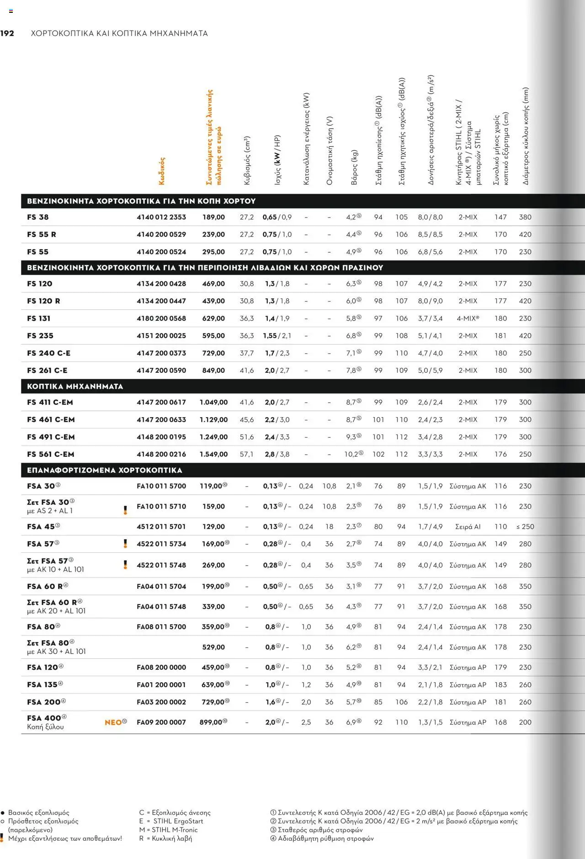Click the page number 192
(x=7, y=33)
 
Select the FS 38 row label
(x=38, y=217)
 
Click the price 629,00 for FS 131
(x=213, y=318)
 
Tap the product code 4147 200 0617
(x=161, y=402)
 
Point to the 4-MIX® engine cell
(x=468, y=318)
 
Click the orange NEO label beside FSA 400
(x=113, y=722)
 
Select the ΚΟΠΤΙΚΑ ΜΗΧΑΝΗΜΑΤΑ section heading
(x=75, y=386)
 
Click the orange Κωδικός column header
(x=162, y=171)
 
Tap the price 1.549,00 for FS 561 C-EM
(x=213, y=454)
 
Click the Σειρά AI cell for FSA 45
(x=468, y=526)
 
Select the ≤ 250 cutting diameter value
(x=525, y=526)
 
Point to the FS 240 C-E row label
(x=49, y=353)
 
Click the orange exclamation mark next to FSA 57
(x=125, y=544)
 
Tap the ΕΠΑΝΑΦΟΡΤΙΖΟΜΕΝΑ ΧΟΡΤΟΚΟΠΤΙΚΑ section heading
(x=105, y=470)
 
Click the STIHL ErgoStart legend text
(x=178, y=821)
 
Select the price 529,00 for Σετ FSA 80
(x=213, y=647)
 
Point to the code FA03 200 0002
(x=161, y=702)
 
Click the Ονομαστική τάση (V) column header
(x=330, y=150)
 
